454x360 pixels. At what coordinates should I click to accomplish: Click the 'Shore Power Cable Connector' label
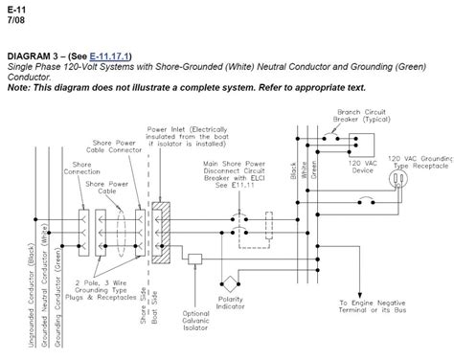click(x=112, y=147)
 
